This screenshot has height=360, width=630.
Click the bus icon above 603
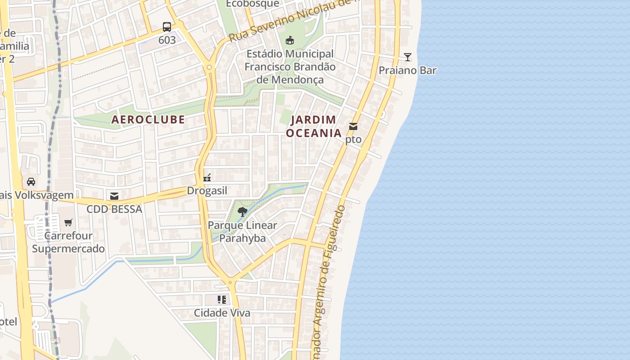167,27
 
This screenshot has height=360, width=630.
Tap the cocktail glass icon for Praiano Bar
408,57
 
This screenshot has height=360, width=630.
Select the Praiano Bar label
407,71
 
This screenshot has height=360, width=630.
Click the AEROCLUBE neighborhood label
148,119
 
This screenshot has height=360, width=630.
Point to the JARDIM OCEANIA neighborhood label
314,126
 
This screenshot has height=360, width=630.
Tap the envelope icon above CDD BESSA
114,196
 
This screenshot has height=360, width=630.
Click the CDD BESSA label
114,209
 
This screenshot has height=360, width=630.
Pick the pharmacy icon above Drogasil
207,177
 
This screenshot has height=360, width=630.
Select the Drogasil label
207,191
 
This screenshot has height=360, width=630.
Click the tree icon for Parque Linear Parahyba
243,212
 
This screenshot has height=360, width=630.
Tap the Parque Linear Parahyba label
243,232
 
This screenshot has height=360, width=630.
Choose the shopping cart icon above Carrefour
68,222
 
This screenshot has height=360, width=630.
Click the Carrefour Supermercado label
68,242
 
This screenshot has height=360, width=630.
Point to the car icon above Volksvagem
31,182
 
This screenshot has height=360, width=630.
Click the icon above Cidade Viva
222,299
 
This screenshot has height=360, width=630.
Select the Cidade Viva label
222,313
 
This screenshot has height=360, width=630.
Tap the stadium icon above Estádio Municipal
290,40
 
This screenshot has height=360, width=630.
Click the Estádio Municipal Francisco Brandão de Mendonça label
290,67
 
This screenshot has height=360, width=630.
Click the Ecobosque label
252,4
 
